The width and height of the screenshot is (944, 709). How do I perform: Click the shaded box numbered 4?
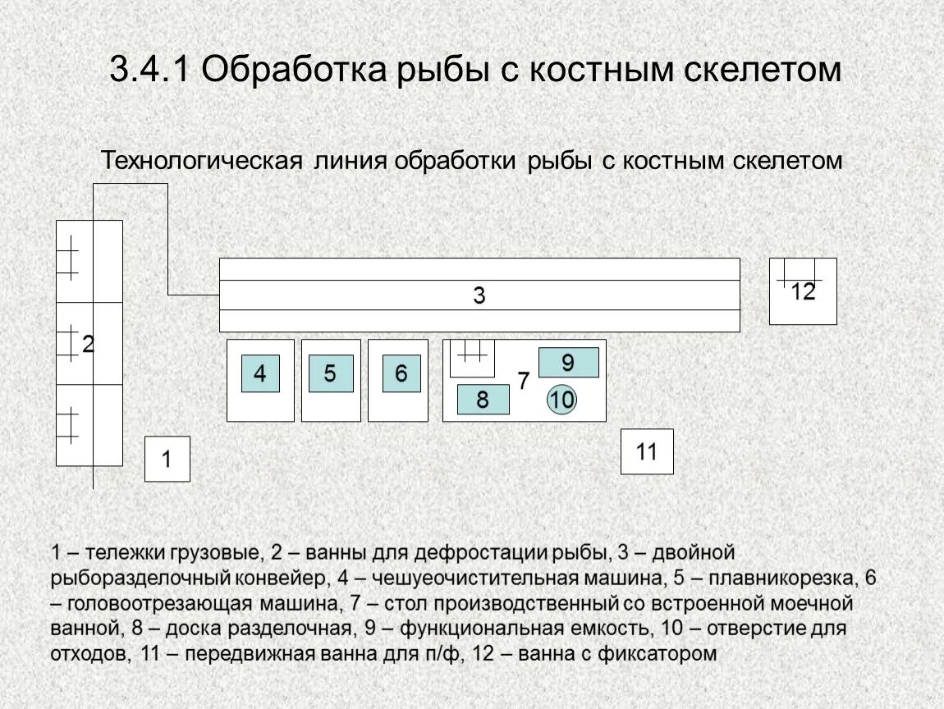[x=260, y=374]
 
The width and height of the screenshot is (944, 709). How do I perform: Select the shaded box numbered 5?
[x=331, y=374]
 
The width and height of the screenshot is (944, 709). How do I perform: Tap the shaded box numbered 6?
[x=401, y=374]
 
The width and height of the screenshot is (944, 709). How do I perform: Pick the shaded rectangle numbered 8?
[x=483, y=400]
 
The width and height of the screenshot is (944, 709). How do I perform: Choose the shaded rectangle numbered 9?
[x=568, y=362]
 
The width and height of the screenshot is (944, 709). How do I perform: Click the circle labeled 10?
[x=562, y=400]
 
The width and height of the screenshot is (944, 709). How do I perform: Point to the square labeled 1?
[x=167, y=459]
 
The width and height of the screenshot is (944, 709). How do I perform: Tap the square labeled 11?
[x=647, y=451]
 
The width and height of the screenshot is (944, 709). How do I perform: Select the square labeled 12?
[x=803, y=291]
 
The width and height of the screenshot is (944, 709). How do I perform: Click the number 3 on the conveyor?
[x=479, y=296]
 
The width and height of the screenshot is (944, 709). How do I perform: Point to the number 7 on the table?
[x=523, y=381]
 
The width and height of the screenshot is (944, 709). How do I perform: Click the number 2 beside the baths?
[x=88, y=345]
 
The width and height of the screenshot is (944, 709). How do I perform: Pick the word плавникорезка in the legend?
[x=785, y=577]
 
